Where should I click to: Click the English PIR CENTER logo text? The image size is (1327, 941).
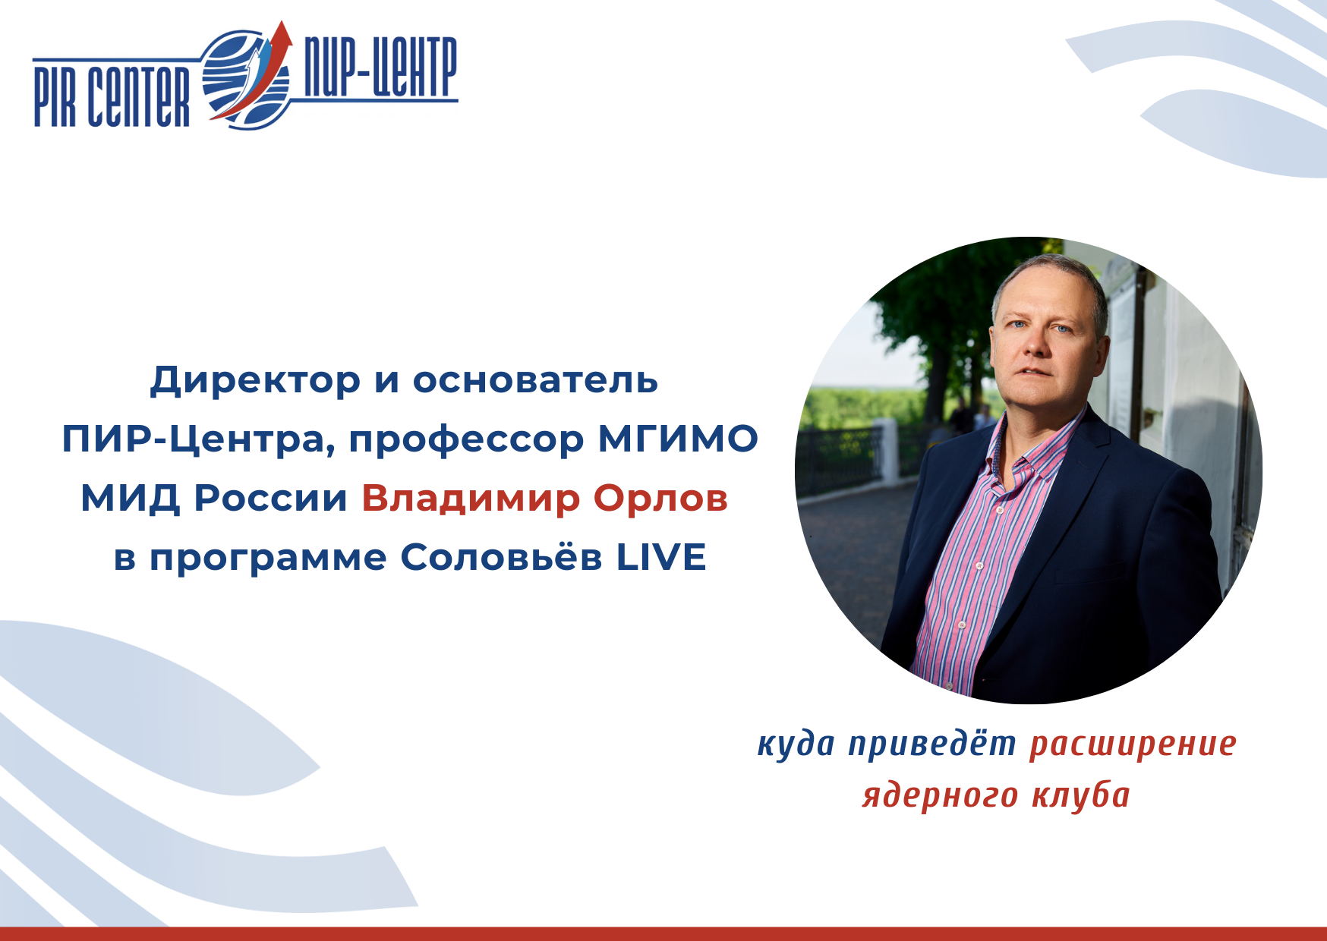pyautogui.click(x=112, y=96)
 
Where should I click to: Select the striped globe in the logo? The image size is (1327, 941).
pyautogui.click(x=247, y=80)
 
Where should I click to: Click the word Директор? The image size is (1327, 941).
pyautogui.click(x=255, y=380)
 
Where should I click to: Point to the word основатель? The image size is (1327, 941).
pyautogui.click(x=535, y=379)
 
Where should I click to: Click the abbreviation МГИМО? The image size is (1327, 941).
pyautogui.click(x=678, y=439)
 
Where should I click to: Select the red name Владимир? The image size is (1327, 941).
pyautogui.click(x=471, y=499)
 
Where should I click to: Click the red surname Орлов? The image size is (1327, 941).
pyautogui.click(x=660, y=499)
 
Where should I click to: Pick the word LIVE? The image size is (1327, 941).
pyautogui.click(x=660, y=557)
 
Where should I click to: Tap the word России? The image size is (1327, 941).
pyautogui.click(x=271, y=499)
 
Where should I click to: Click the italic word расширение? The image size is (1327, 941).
pyautogui.click(x=1133, y=744)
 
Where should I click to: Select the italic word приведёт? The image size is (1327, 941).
pyautogui.click(x=932, y=744)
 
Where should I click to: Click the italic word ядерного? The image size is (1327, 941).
pyautogui.click(x=940, y=796)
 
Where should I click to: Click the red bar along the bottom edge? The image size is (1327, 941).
pyautogui.click(x=663, y=933)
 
